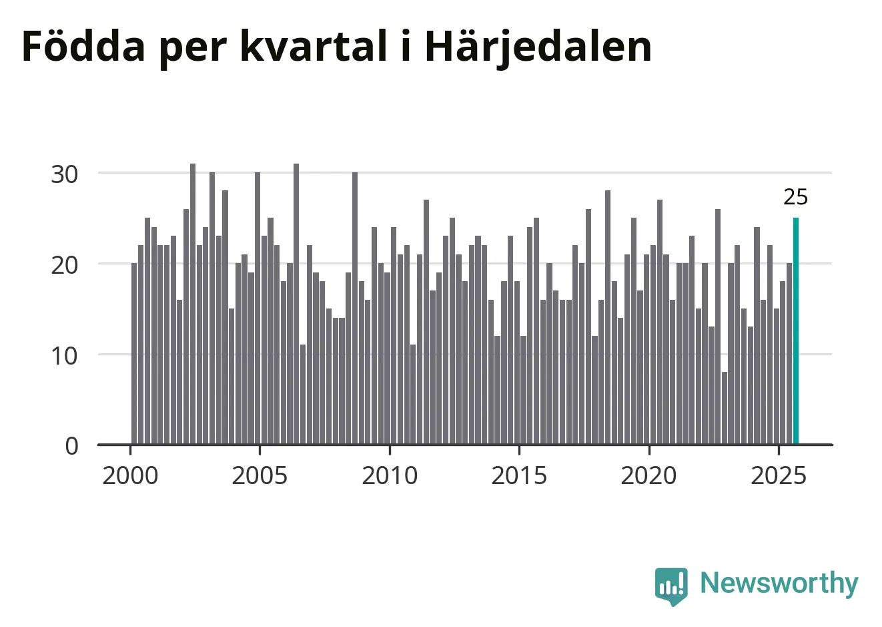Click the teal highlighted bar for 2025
(795, 331)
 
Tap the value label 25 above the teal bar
(795, 198)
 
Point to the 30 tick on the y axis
(65, 174)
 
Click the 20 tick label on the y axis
(65, 264)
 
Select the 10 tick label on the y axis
(65, 355)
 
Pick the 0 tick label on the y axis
(71, 446)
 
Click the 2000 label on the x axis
(130, 476)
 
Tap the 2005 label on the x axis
(260, 476)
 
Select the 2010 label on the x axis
(390, 476)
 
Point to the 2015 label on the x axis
(519, 476)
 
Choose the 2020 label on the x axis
(648, 476)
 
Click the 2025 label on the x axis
(779, 476)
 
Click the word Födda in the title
(83, 47)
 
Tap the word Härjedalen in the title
(538, 47)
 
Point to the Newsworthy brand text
(779, 584)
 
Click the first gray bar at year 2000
(134, 354)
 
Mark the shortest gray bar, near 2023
(725, 407)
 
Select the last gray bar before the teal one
(789, 354)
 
